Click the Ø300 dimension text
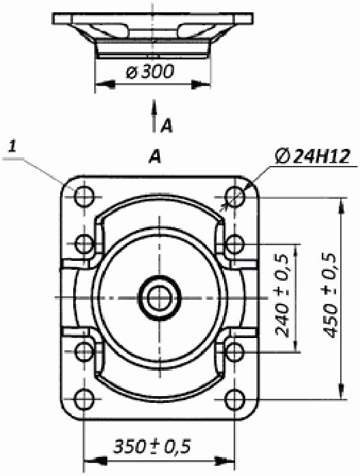(x=150, y=72)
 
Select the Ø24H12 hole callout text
(x=313, y=156)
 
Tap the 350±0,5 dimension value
(x=152, y=446)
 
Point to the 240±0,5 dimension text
(x=282, y=296)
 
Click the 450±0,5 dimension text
(x=330, y=295)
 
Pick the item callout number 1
(x=12, y=146)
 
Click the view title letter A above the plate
(x=155, y=157)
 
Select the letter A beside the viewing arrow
(x=167, y=126)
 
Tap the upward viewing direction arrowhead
(x=154, y=107)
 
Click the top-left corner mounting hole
(x=85, y=197)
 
